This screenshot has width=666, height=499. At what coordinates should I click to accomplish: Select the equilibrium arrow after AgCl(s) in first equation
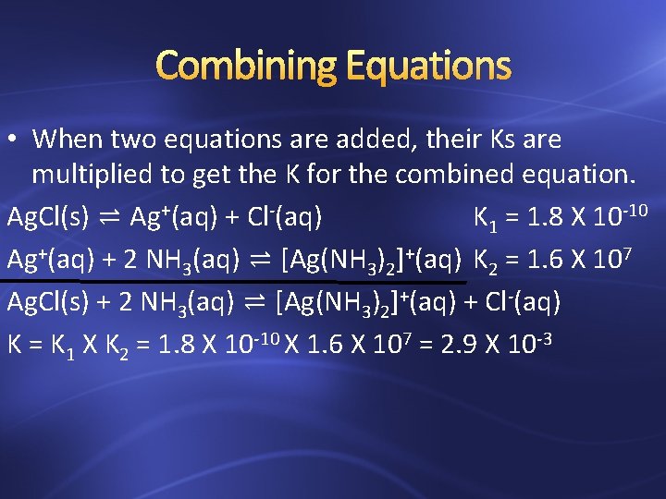[x=109, y=218]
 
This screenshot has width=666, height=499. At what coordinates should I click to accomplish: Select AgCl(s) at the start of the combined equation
[x=47, y=302]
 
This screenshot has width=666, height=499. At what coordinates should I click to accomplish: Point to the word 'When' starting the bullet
[x=68, y=140]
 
